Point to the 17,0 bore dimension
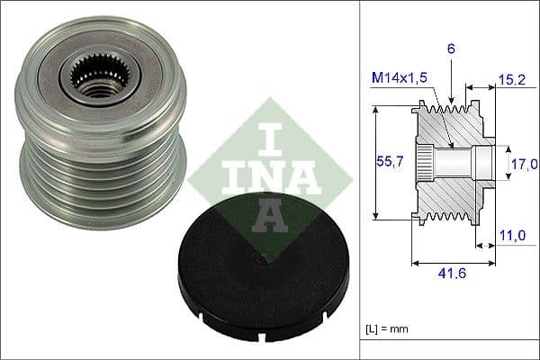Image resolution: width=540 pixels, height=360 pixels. click(x=524, y=164)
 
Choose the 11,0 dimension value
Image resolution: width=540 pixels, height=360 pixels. click(x=510, y=236)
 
